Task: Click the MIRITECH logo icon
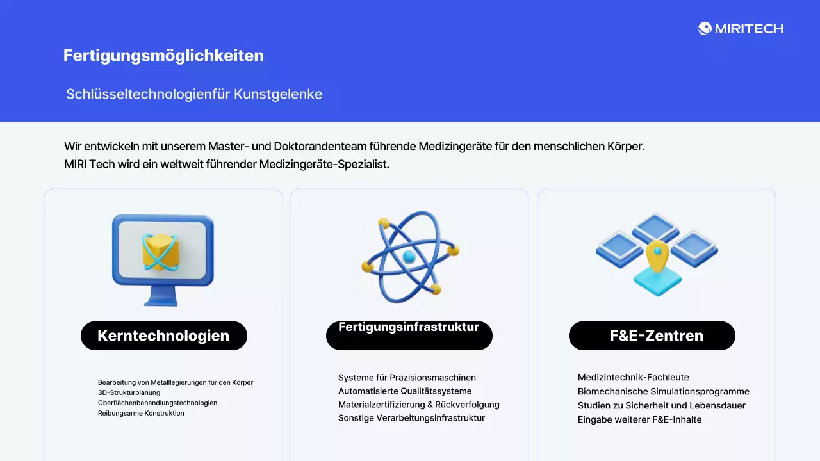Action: pyautogui.click(x=705, y=28)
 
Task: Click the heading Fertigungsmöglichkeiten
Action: pyautogui.click(x=163, y=56)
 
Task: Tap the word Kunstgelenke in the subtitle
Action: pyautogui.click(x=278, y=94)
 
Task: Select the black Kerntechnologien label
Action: pyautogui.click(x=163, y=336)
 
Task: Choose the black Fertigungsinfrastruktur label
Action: pyautogui.click(x=409, y=336)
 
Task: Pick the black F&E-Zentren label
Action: pyautogui.click(x=652, y=336)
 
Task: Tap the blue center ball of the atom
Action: pyautogui.click(x=409, y=257)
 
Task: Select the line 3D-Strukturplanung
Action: pyautogui.click(x=129, y=392)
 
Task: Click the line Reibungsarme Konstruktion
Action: pyautogui.click(x=141, y=413)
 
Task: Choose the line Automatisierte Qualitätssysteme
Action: pyautogui.click(x=405, y=391)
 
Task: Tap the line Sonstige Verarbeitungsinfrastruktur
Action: pyautogui.click(x=411, y=418)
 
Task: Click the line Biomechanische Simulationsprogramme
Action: pyautogui.click(x=663, y=391)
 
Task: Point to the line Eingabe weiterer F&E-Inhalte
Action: pyautogui.click(x=639, y=419)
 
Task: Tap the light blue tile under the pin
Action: pyautogui.click(x=657, y=284)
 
